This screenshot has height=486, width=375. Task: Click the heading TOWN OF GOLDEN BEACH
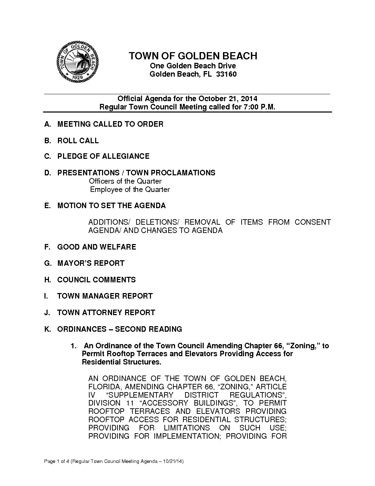[x=193, y=56]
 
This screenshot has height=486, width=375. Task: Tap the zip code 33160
[x=226, y=74]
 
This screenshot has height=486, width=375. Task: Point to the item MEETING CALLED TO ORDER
[x=110, y=124]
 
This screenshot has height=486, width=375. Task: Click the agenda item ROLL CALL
[x=78, y=140]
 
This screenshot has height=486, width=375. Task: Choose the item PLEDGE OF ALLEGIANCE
[x=103, y=156]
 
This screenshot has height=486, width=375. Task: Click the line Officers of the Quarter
[x=125, y=181]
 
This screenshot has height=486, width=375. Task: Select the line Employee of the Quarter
[x=130, y=189]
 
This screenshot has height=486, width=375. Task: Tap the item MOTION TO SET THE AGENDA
[x=111, y=206]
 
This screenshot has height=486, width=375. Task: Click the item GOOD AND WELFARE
[x=97, y=247]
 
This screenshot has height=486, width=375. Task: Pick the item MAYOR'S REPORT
[x=91, y=263]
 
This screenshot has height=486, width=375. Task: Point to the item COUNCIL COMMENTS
[x=97, y=280]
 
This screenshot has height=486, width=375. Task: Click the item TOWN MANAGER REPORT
[x=105, y=296]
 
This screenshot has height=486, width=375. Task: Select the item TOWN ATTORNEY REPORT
[x=106, y=312]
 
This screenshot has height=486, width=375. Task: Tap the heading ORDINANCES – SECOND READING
[x=120, y=329]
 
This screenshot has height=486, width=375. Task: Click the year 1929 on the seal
[x=78, y=78]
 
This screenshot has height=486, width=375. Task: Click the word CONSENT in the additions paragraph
[x=313, y=222]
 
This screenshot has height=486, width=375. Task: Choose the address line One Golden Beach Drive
[x=193, y=66]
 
